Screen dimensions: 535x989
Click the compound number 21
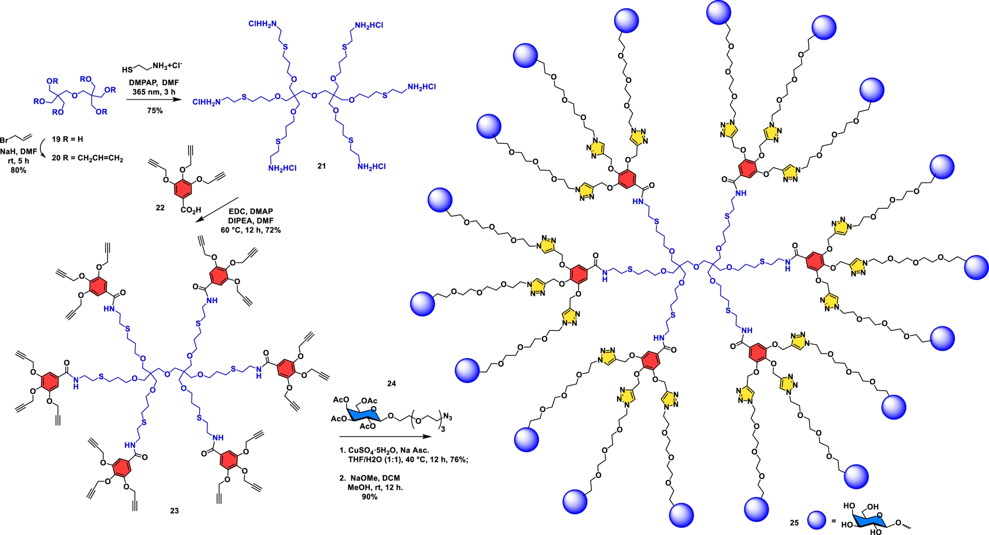[x=321, y=166]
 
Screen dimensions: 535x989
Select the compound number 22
[x=160, y=208]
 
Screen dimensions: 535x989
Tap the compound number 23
[x=175, y=511]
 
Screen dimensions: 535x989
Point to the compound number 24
[x=391, y=383]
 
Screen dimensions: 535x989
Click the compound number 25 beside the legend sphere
[x=794, y=523]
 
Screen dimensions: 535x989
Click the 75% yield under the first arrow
[x=155, y=111]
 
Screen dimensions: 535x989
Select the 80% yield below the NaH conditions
[x=19, y=170]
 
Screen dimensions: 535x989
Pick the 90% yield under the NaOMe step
[x=369, y=497]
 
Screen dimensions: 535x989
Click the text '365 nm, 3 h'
[x=154, y=92]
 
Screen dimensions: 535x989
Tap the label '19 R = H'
[x=67, y=139]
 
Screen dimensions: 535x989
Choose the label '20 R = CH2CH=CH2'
[x=87, y=158]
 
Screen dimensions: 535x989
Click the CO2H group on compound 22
[x=190, y=210]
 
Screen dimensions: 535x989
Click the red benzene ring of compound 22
[x=183, y=190]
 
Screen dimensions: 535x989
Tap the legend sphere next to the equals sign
[x=816, y=521]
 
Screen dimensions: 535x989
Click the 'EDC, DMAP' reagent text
[x=251, y=211]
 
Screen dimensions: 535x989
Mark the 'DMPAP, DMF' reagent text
[x=154, y=82]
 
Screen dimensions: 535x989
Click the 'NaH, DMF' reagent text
[x=19, y=152]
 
